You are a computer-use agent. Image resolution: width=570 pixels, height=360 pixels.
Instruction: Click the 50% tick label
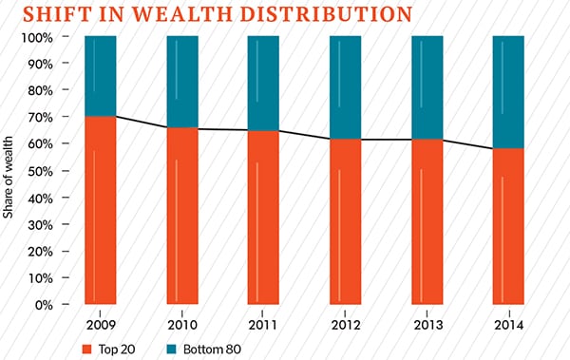47,171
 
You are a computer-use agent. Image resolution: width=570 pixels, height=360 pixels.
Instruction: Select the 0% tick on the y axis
51,305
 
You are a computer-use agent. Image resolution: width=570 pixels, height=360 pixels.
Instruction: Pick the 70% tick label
47,117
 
